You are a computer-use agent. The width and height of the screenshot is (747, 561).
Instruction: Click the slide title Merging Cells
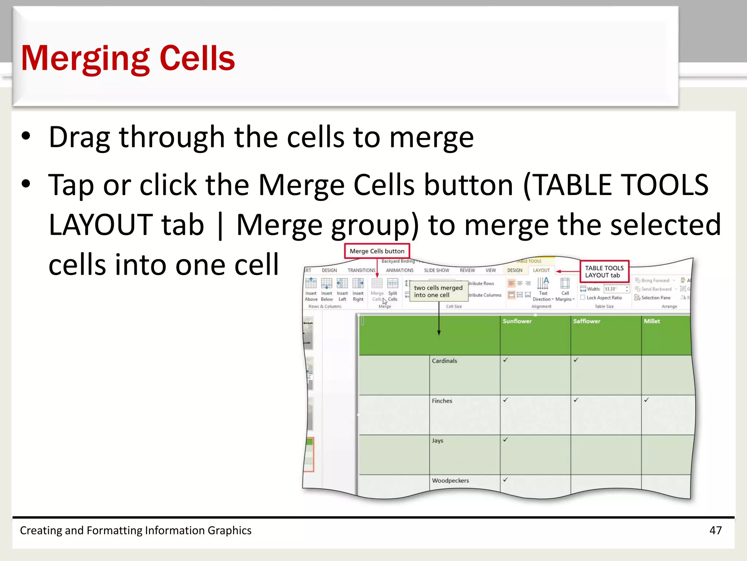coord(128,58)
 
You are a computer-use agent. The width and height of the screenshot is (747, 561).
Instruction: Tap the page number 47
coord(715,530)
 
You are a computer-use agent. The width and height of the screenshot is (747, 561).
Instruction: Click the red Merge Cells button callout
coord(377,251)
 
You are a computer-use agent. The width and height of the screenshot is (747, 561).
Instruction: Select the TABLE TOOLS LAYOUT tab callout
coord(604,271)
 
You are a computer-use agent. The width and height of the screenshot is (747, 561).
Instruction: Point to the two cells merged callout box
coord(438,291)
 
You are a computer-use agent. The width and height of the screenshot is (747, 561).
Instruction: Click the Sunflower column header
coord(517,321)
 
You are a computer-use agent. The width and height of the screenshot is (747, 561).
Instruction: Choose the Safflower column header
coord(587,321)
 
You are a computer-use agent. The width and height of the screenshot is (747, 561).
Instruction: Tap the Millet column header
coord(652,321)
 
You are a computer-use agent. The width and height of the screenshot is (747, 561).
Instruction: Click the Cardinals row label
coord(444,361)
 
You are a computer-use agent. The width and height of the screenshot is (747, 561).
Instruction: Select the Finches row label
coord(442,401)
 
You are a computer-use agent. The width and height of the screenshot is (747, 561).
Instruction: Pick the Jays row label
coord(437,440)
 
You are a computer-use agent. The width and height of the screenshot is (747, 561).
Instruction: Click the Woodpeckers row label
coord(450,481)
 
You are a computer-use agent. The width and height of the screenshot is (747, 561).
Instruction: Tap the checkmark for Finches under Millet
coord(646,400)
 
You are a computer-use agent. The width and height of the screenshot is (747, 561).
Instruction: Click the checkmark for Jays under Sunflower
coord(505,440)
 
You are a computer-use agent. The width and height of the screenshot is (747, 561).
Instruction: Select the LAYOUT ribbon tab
coord(541,270)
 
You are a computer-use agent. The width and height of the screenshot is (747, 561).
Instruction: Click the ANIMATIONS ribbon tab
coord(399,270)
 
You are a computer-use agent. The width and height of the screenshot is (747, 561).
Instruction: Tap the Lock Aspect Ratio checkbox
coord(583,298)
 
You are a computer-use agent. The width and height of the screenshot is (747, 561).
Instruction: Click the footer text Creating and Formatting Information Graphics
coord(135,530)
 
